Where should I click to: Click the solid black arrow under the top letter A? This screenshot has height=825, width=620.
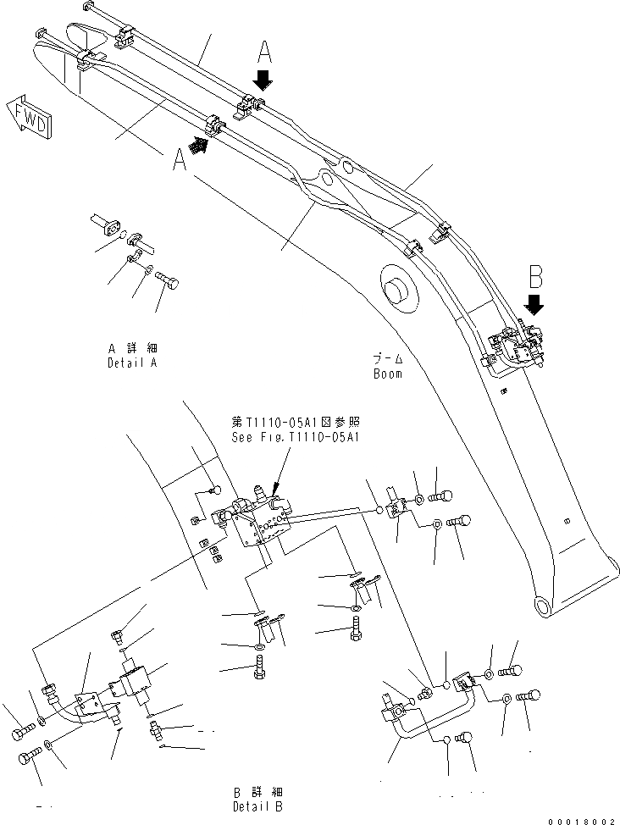(x=263, y=80)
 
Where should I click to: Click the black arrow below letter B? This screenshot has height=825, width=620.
(x=534, y=302)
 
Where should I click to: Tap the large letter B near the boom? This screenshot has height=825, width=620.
(x=535, y=276)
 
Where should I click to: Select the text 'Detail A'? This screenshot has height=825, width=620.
(x=133, y=363)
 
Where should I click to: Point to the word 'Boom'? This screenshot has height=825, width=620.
(x=388, y=373)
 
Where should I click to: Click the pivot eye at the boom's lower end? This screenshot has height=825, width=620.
(x=543, y=604)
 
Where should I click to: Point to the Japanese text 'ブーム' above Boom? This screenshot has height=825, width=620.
(x=388, y=359)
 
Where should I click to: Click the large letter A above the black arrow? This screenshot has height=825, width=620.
(x=264, y=54)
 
